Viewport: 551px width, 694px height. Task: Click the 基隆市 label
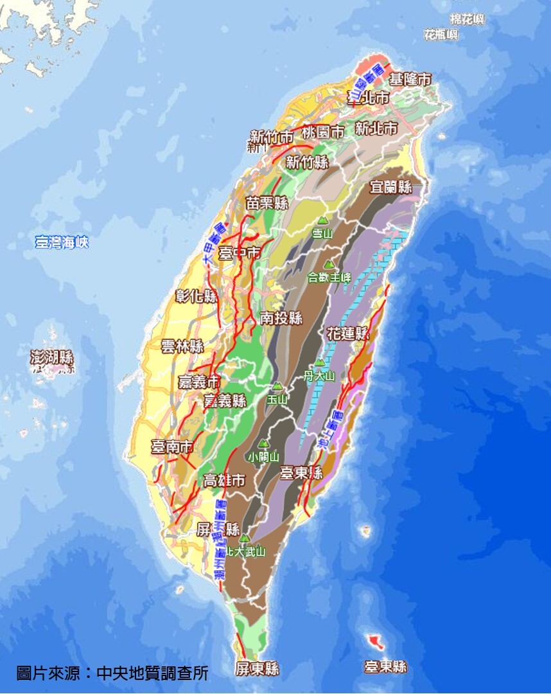(410, 80)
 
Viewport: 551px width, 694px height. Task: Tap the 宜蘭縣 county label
(390, 187)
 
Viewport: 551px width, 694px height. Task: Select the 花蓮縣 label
(348, 334)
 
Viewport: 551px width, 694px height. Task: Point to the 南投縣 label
(281, 317)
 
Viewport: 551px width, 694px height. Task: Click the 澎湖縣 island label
(52, 358)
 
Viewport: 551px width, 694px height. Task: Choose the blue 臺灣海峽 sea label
(62, 242)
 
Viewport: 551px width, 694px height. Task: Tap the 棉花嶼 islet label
(467, 19)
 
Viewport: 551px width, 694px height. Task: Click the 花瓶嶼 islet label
(441, 35)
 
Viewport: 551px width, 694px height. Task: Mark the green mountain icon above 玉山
(277, 387)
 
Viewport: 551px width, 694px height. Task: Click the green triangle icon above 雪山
(322, 220)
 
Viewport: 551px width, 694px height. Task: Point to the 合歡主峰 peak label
(329, 278)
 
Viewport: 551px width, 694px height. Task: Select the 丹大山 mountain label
(319, 376)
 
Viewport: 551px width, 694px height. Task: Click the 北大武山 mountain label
(245, 551)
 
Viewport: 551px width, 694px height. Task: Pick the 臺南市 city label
(172, 447)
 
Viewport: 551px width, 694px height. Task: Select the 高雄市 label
(223, 480)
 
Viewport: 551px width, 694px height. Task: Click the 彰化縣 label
(197, 296)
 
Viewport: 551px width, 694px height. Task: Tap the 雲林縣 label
(182, 346)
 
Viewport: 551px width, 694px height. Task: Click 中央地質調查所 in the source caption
(152, 673)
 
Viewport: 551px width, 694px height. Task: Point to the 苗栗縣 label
(267, 203)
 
